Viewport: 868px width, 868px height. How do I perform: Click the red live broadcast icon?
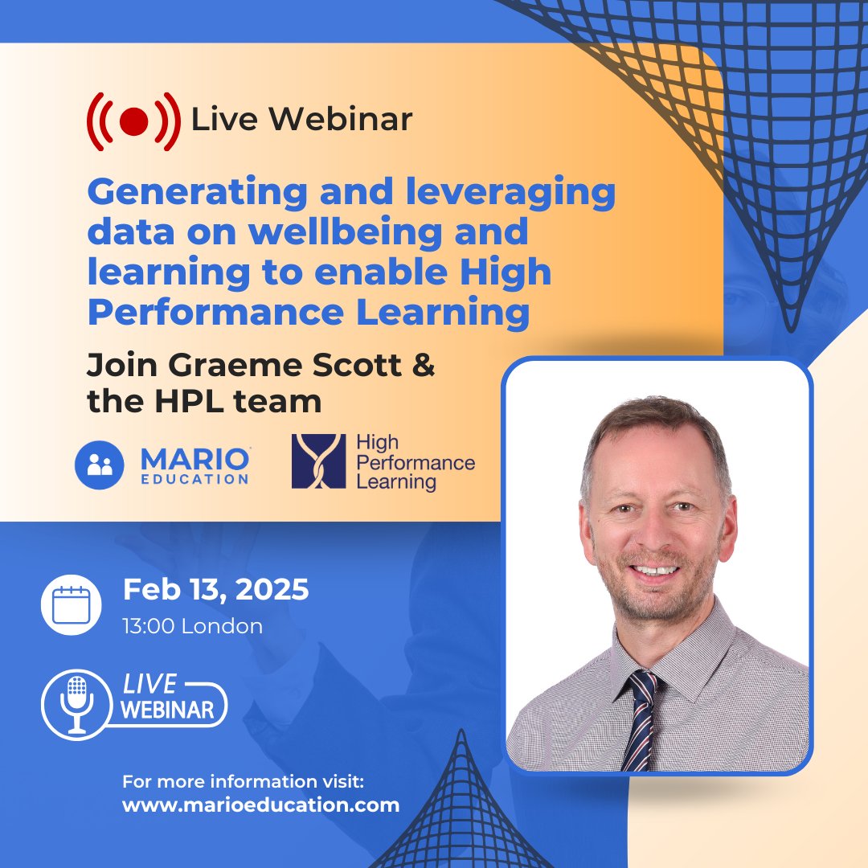(x=133, y=121)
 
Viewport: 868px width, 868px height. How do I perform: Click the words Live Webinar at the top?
(x=301, y=119)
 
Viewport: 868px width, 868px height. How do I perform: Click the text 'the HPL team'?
(x=204, y=401)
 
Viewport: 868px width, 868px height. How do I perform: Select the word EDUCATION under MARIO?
(x=194, y=480)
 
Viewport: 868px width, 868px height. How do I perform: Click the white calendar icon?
(x=72, y=604)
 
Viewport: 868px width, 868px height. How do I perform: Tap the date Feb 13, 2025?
(x=215, y=590)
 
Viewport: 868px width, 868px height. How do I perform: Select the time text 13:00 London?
(x=192, y=626)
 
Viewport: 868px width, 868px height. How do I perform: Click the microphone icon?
(x=77, y=703)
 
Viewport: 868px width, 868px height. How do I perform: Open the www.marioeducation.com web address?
(x=260, y=805)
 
